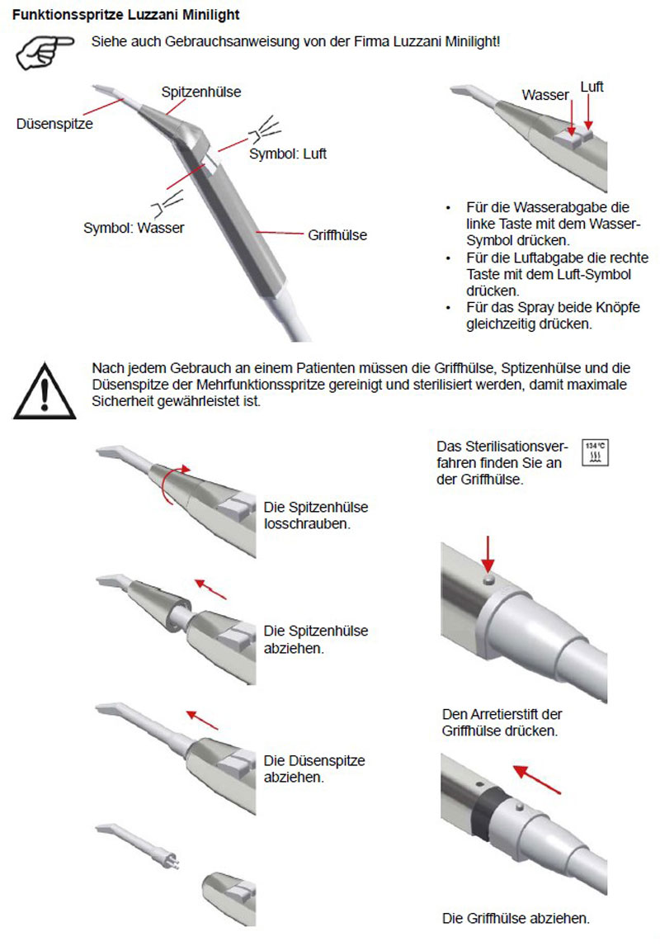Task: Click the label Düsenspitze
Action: pos(54,124)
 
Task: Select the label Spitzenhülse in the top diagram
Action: pos(201,92)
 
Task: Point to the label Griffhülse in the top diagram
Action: pos(337,235)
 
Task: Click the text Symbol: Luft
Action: pos(288,154)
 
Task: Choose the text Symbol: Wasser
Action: pos(134,227)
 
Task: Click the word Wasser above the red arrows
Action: pos(545,95)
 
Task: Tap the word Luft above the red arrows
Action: pos(592,87)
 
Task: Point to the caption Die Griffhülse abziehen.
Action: pos(516,918)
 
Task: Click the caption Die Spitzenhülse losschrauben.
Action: pos(315,515)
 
